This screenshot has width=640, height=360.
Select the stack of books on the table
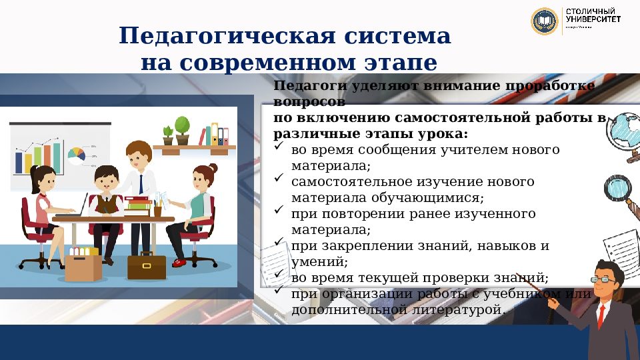pyautogui.click(x=137, y=204)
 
